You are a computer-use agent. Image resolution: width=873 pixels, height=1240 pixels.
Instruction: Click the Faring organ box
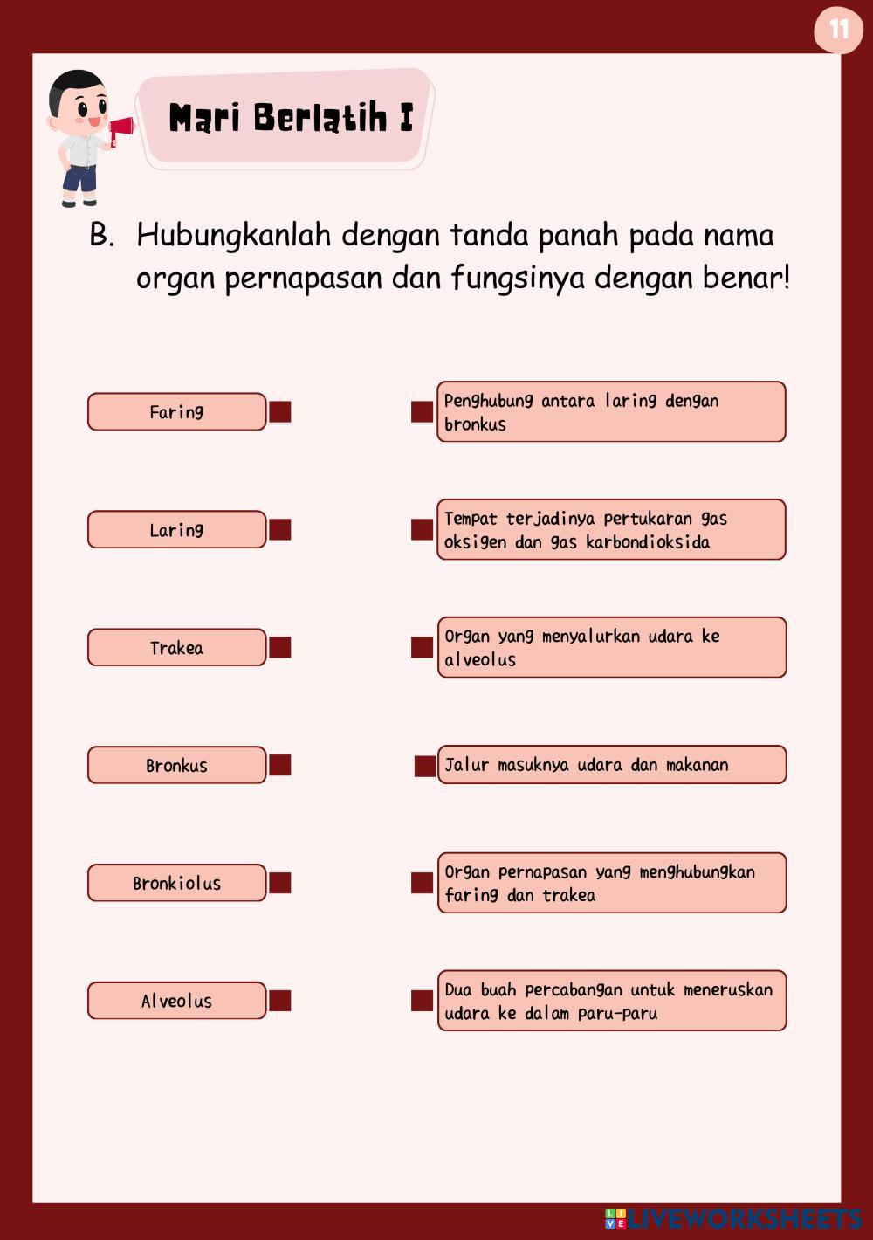[176, 411]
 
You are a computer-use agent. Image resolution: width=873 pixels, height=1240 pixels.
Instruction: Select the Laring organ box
[176, 529]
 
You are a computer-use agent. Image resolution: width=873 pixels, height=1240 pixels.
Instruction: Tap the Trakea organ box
[176, 647]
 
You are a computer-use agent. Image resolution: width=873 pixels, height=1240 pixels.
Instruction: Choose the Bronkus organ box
[176, 765]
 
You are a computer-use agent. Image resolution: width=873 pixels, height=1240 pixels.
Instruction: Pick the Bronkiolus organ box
[176, 883]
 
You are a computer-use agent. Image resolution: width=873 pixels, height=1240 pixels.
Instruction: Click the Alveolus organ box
[176, 1001]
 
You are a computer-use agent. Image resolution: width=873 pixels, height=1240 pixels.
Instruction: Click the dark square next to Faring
[280, 411]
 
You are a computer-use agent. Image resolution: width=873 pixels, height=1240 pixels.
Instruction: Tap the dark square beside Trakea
[280, 647]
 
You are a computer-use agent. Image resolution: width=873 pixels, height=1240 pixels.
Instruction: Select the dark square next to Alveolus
[280, 1001]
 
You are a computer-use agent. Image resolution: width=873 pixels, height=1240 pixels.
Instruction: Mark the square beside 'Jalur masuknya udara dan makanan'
[425, 766]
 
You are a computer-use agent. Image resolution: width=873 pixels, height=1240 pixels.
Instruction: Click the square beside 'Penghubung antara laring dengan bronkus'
[423, 411]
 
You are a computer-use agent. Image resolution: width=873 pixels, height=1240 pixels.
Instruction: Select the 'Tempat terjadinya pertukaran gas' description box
[611, 529]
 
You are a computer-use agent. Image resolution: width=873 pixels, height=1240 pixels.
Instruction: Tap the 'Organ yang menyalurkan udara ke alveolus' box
[611, 647]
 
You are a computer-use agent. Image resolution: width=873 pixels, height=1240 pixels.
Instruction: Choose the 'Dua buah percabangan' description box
[611, 1001]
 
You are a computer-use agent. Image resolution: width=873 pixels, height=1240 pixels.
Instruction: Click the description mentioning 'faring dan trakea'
[611, 883]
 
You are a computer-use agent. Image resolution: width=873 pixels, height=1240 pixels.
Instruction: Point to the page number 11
[838, 30]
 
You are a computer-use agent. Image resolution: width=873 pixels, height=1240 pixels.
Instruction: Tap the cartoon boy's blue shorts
[79, 179]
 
